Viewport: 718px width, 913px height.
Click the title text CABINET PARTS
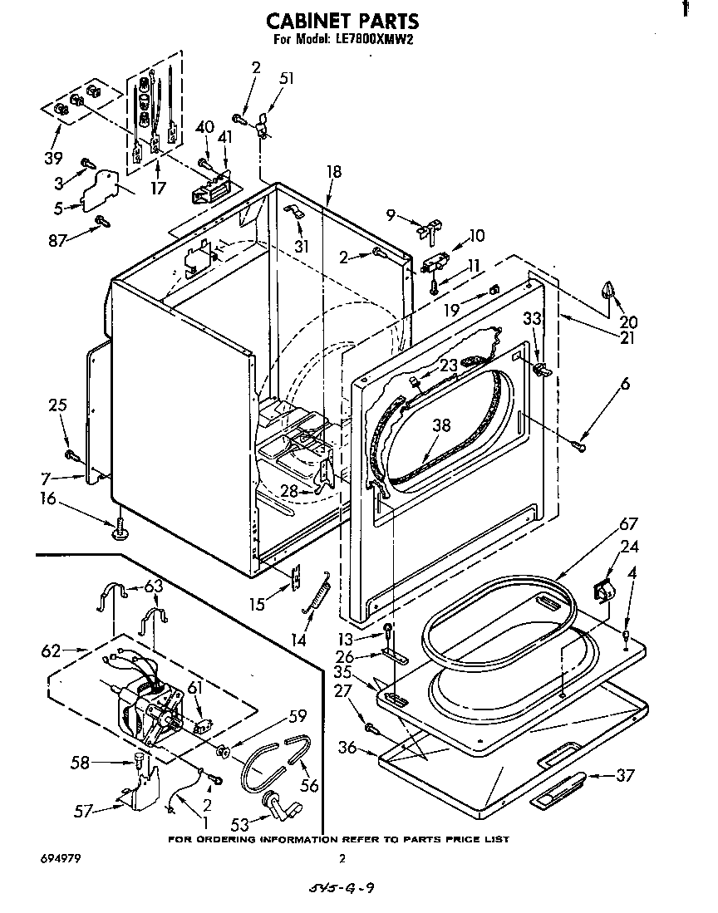tap(342, 21)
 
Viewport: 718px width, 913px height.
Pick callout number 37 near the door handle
tap(624, 775)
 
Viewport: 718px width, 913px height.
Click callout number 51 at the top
tap(287, 79)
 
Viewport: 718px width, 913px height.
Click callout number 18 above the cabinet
tap(333, 172)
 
